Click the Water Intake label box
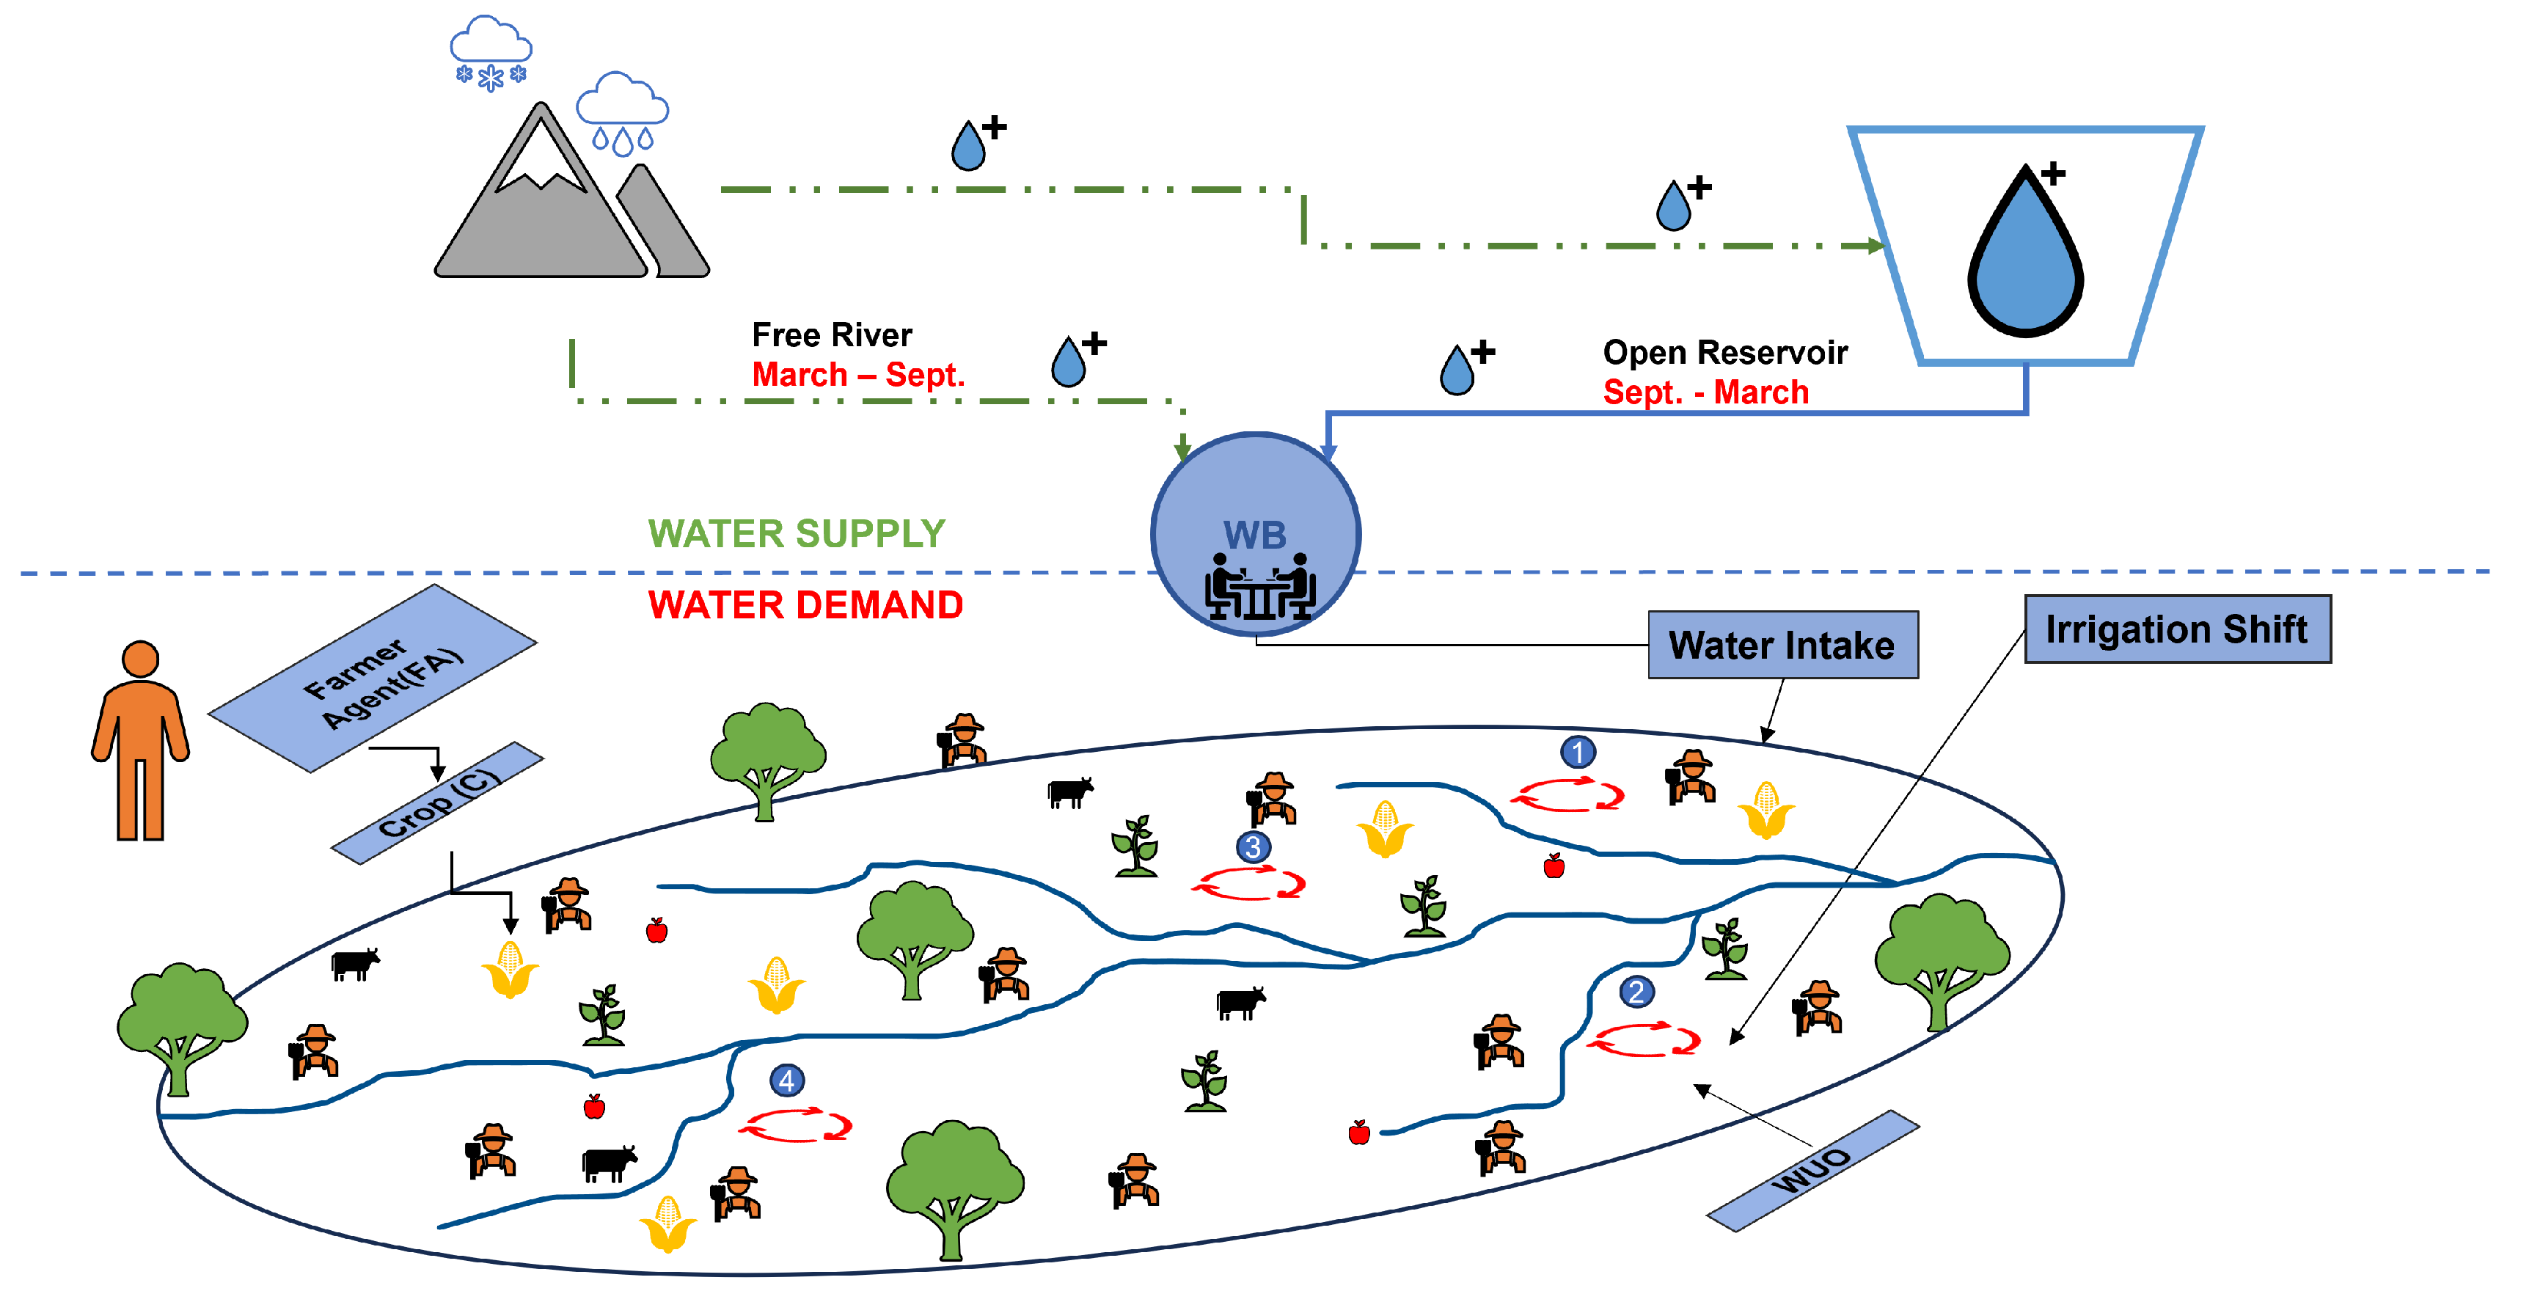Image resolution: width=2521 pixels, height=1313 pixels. tap(1782, 645)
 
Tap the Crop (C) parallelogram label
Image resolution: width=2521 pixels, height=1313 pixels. tap(437, 802)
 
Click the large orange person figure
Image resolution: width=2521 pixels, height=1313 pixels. tap(140, 741)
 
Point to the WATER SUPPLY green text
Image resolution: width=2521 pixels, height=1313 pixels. tap(796, 533)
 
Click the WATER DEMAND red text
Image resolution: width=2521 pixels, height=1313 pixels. tap(805, 604)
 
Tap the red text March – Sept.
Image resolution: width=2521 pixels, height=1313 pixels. tap(857, 374)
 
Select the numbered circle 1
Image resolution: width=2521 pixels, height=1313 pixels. tap(1576, 751)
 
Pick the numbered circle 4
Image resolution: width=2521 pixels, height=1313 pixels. tap(787, 1080)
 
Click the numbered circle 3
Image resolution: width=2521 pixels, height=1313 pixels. tap(1253, 846)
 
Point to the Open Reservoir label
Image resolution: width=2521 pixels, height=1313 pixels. tap(1724, 351)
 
